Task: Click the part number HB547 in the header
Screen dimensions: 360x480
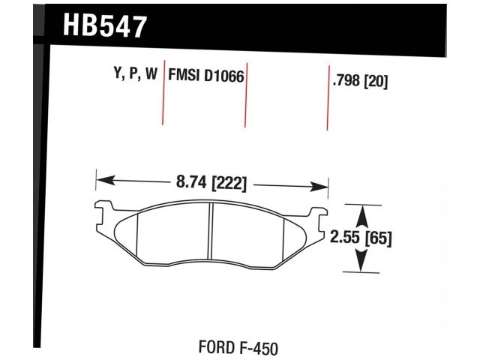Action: tap(105, 27)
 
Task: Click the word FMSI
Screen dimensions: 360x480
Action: tap(184, 76)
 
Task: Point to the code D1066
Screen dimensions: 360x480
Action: tap(223, 76)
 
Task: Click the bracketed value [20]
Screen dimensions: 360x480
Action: tap(379, 81)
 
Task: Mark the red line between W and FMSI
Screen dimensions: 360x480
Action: tap(163, 94)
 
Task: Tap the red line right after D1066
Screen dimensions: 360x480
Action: tap(246, 94)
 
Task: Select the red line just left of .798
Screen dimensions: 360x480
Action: tap(328, 97)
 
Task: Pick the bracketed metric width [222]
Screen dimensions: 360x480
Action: tap(228, 181)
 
